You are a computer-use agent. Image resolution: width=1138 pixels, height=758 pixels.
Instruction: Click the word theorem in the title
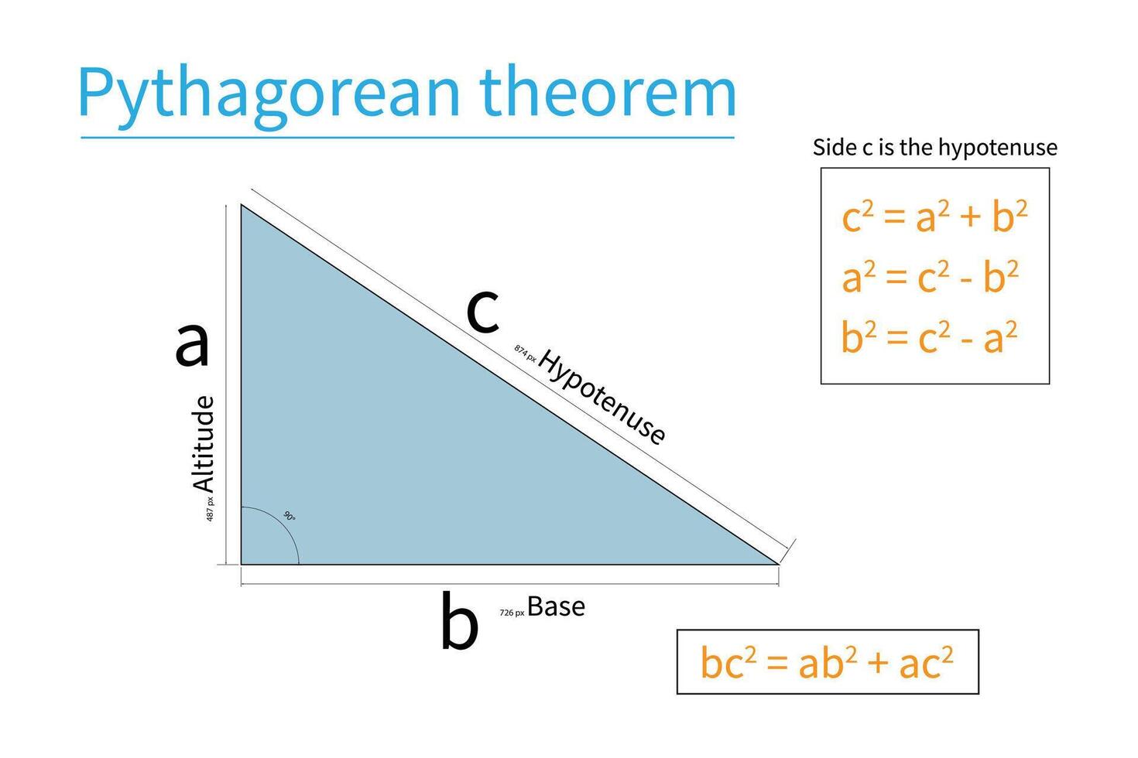point(608,93)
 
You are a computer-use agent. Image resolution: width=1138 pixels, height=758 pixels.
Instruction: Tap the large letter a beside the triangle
point(192,343)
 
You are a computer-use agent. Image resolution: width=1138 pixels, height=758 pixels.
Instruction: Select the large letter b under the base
point(459,622)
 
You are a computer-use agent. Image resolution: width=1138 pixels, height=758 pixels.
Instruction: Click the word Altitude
point(204,444)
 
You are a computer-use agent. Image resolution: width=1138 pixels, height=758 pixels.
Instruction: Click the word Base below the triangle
point(556,607)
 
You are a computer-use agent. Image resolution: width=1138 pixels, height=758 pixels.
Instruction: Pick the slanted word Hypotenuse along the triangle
point(602,397)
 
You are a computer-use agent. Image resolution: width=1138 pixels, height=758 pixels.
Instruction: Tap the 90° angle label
point(289,516)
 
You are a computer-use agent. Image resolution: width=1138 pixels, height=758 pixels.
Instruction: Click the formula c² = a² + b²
point(934,217)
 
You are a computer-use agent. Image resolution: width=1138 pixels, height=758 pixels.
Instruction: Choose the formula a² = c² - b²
point(930,277)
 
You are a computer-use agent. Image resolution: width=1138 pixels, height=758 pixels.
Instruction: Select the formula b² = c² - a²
point(929,338)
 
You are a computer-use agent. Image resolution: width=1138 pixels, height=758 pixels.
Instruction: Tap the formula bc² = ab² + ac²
point(827,663)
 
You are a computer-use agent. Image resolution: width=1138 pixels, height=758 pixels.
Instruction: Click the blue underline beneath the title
point(407,138)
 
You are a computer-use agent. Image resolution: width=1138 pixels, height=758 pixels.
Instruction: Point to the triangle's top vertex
point(242,205)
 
